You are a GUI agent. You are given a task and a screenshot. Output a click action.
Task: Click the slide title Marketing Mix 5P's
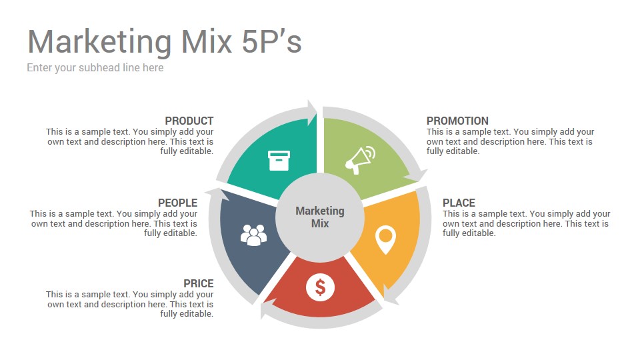click(x=165, y=42)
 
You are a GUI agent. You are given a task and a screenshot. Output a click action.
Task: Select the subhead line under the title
click(x=95, y=68)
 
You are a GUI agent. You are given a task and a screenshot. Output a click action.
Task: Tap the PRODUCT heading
click(x=189, y=121)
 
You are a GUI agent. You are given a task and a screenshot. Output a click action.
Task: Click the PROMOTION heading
click(x=457, y=121)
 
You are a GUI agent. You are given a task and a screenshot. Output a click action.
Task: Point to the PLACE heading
click(x=459, y=203)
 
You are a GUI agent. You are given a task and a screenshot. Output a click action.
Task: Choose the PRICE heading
click(x=199, y=284)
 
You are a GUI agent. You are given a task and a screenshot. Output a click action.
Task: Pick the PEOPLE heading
click(x=177, y=203)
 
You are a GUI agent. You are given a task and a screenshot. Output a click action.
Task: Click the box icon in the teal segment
click(x=279, y=161)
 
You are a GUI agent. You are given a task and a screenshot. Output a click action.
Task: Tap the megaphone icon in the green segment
click(x=360, y=160)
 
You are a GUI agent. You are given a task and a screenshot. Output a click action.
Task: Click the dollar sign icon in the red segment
click(x=321, y=287)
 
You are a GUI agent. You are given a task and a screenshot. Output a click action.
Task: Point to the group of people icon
click(x=253, y=235)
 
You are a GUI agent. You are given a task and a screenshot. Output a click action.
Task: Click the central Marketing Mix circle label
click(x=320, y=217)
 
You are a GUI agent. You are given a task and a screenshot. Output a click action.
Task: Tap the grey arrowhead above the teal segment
click(x=312, y=112)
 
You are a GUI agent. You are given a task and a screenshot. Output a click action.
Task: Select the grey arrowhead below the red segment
click(x=268, y=308)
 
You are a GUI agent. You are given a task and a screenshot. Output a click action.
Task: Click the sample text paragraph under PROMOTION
click(x=510, y=141)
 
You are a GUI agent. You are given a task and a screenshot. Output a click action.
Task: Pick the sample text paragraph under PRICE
click(x=130, y=304)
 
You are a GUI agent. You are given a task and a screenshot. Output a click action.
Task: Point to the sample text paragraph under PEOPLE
click(x=113, y=223)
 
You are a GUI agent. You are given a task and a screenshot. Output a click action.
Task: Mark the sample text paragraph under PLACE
click(x=527, y=223)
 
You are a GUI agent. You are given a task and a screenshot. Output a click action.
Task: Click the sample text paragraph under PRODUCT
click(x=130, y=141)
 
